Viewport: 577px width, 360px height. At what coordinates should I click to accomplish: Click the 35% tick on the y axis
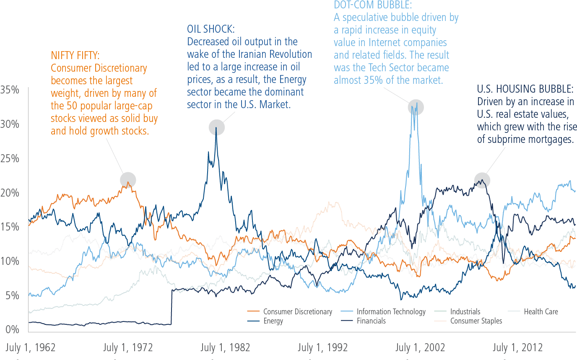coord(10,90)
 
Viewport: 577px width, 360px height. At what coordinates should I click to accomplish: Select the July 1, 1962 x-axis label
coord(30,347)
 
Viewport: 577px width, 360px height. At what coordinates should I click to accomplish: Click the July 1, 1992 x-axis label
coord(322,347)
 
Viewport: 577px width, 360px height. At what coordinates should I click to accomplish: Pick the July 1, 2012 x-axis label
coord(517,347)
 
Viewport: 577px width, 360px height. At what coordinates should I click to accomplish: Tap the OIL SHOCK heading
coord(211,29)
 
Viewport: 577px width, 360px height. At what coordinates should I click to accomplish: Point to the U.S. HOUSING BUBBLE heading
coord(525,89)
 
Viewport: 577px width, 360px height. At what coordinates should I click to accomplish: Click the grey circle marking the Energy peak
coord(217,127)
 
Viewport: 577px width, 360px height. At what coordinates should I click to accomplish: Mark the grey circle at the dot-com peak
coord(416,107)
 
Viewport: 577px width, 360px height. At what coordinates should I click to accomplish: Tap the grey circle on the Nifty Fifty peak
coord(128,180)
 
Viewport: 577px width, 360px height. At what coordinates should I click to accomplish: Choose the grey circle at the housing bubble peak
coord(482,181)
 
